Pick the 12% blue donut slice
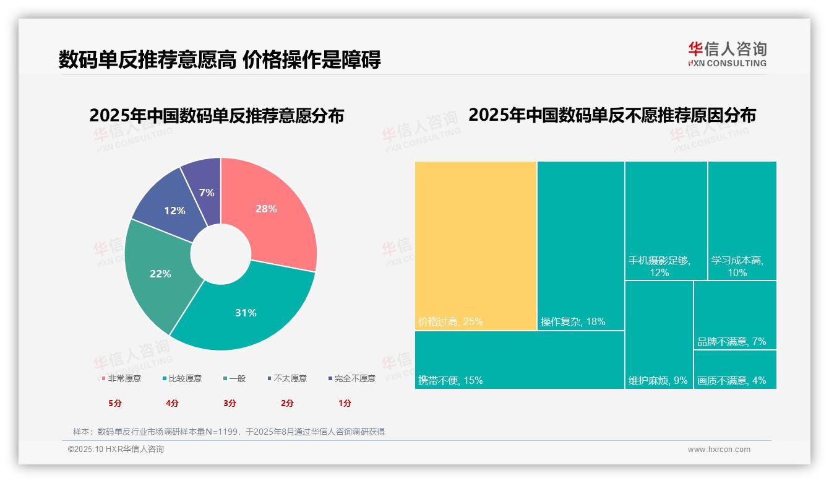coord(170,207)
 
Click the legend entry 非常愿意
coord(121,378)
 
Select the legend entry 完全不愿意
coord(352,378)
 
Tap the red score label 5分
coord(115,403)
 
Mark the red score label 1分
coord(345,403)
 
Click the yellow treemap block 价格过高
coord(475,245)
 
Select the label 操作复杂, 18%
coord(572,322)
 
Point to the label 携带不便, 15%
coord(450,380)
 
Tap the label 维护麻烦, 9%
coord(658,380)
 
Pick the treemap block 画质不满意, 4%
coord(734,370)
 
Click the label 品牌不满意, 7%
coord(731,341)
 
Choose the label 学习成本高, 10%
coord(737,266)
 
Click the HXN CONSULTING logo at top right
coord(727,54)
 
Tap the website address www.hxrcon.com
coord(719,450)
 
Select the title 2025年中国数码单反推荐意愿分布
coord(217,116)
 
